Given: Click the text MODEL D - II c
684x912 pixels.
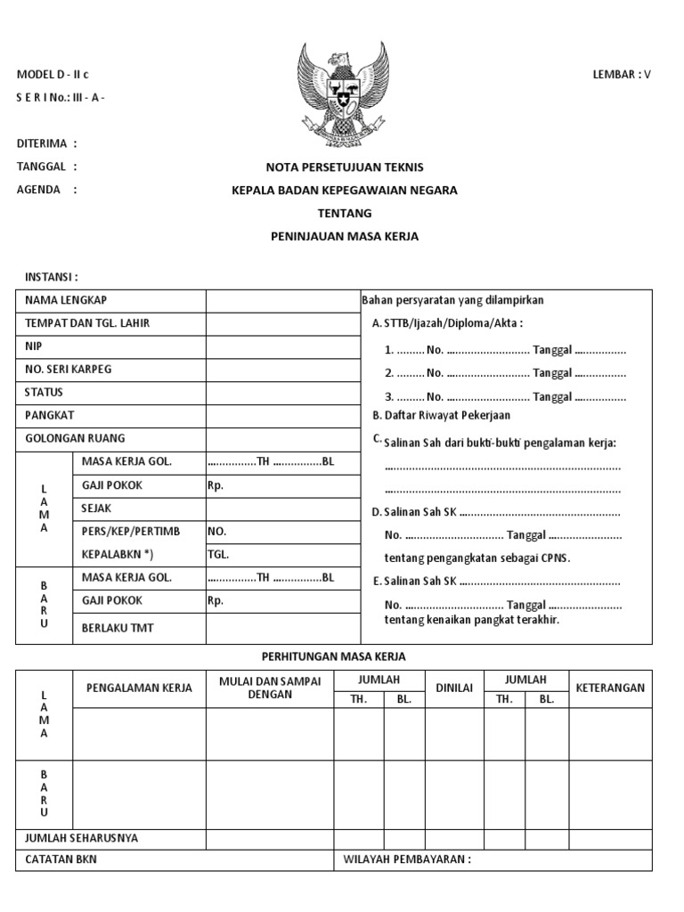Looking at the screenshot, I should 53,74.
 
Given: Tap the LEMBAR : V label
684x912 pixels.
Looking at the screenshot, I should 622,74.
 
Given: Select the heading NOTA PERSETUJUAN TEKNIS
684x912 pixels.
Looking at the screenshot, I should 345,167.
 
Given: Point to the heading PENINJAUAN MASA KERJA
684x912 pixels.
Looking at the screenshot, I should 345,236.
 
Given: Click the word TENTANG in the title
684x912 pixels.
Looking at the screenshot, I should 345,213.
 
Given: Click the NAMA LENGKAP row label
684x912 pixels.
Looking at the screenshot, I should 66,300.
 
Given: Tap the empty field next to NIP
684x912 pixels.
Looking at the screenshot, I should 281,346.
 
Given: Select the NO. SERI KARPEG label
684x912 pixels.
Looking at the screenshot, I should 69,369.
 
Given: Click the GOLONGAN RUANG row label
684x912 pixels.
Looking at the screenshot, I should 75,438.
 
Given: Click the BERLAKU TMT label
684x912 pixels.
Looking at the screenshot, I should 118,628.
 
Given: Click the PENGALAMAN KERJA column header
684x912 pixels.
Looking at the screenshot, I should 139,688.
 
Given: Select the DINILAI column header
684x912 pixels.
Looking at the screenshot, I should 453,688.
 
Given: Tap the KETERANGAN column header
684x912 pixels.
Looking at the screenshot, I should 610,688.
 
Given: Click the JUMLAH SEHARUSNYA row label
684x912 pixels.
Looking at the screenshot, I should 81,838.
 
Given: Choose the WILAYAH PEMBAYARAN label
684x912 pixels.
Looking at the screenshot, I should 405,859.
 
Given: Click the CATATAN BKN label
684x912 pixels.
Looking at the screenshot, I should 61,859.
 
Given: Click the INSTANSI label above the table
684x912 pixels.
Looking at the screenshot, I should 52,278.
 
